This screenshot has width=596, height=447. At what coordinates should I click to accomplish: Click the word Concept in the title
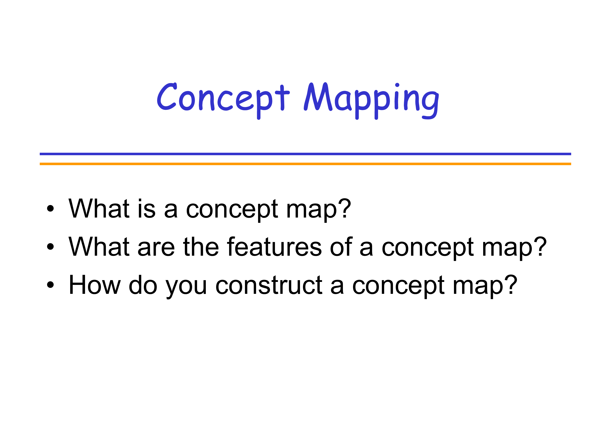[223, 101]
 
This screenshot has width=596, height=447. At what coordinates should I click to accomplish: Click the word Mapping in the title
[371, 101]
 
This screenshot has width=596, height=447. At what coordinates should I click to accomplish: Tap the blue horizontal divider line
[305, 154]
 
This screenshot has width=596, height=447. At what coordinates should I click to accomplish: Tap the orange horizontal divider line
[305, 164]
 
